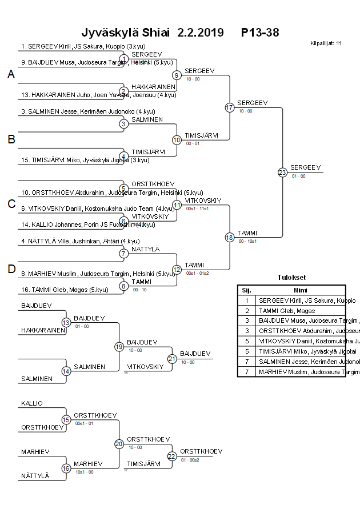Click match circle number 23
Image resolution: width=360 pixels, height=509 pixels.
tap(282, 172)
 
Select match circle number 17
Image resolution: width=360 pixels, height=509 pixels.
tap(230, 107)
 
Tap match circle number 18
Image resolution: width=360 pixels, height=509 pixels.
tap(230, 237)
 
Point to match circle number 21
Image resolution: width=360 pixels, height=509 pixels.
tap(172, 359)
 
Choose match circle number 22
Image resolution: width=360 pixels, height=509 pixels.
tap(172, 456)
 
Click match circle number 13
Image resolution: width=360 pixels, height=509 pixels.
tap(66, 323)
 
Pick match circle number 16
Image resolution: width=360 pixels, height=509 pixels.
tap(66, 468)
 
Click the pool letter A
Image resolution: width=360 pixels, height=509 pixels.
tap(11, 75)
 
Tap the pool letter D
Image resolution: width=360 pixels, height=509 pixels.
tap(11, 269)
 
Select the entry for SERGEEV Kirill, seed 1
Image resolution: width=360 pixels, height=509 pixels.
tap(78, 46)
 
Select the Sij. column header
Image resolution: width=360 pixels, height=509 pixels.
tap(246, 290)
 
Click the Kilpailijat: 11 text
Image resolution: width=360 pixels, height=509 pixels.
tap(326, 43)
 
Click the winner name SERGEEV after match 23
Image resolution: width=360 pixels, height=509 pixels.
tap(306, 167)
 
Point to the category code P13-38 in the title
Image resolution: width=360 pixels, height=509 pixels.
tap(260, 33)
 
